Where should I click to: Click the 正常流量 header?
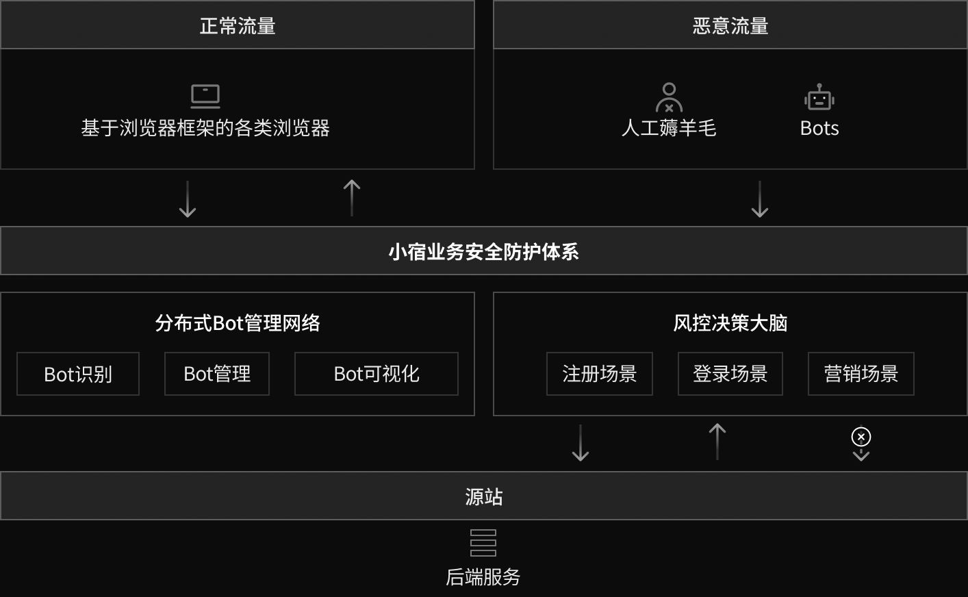pyautogui.click(x=238, y=26)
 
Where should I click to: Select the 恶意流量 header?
pyautogui.click(x=730, y=26)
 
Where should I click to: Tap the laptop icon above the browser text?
pyautogui.click(x=205, y=96)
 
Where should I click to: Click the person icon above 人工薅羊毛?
pyautogui.click(x=669, y=97)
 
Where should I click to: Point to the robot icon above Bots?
pyautogui.click(x=819, y=97)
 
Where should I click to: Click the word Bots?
pyautogui.click(x=819, y=128)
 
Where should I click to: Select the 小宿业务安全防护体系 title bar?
pyautogui.click(x=483, y=251)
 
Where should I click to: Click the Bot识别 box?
pyautogui.click(x=78, y=374)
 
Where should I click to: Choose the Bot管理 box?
pyautogui.click(x=217, y=374)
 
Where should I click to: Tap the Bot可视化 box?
pyautogui.click(x=377, y=374)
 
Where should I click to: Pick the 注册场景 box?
pyautogui.click(x=600, y=374)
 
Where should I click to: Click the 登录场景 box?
pyautogui.click(x=730, y=374)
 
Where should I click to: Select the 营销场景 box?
pyautogui.click(x=861, y=374)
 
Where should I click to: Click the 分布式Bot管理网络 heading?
pyautogui.click(x=238, y=322)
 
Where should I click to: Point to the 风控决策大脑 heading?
pyautogui.click(x=730, y=322)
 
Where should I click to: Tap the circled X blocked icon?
pyautogui.click(x=861, y=437)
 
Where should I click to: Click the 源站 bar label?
pyautogui.click(x=483, y=496)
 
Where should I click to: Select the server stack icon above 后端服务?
pyautogui.click(x=483, y=542)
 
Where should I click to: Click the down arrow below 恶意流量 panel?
pyautogui.click(x=760, y=199)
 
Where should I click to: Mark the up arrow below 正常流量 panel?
pyautogui.click(x=352, y=198)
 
